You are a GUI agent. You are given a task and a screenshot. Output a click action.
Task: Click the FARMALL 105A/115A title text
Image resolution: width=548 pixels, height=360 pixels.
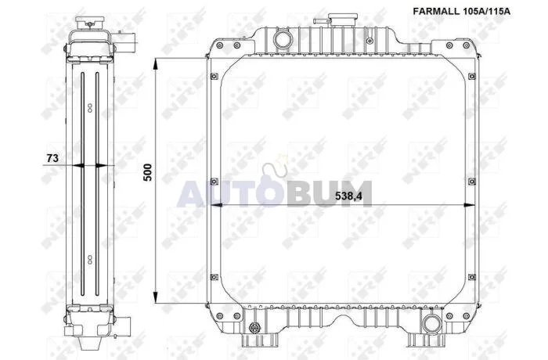(x=461, y=11)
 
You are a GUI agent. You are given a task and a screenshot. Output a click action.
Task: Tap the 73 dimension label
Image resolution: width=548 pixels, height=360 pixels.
(x=52, y=158)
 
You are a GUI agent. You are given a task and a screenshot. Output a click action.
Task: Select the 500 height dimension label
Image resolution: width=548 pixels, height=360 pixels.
(x=148, y=172)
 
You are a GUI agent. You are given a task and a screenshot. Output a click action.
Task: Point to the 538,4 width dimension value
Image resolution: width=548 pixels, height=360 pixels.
(x=348, y=196)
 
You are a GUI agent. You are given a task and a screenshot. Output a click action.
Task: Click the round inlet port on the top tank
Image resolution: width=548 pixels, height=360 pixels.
(x=281, y=39)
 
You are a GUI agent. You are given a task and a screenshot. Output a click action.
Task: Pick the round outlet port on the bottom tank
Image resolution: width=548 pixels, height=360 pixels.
(x=430, y=323)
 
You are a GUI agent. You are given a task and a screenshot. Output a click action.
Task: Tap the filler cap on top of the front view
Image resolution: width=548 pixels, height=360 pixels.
(x=341, y=20)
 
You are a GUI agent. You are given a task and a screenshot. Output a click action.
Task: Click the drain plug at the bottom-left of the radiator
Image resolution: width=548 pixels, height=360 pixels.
(x=254, y=328)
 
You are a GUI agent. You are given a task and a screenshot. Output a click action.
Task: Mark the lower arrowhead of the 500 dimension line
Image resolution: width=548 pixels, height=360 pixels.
(x=156, y=297)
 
